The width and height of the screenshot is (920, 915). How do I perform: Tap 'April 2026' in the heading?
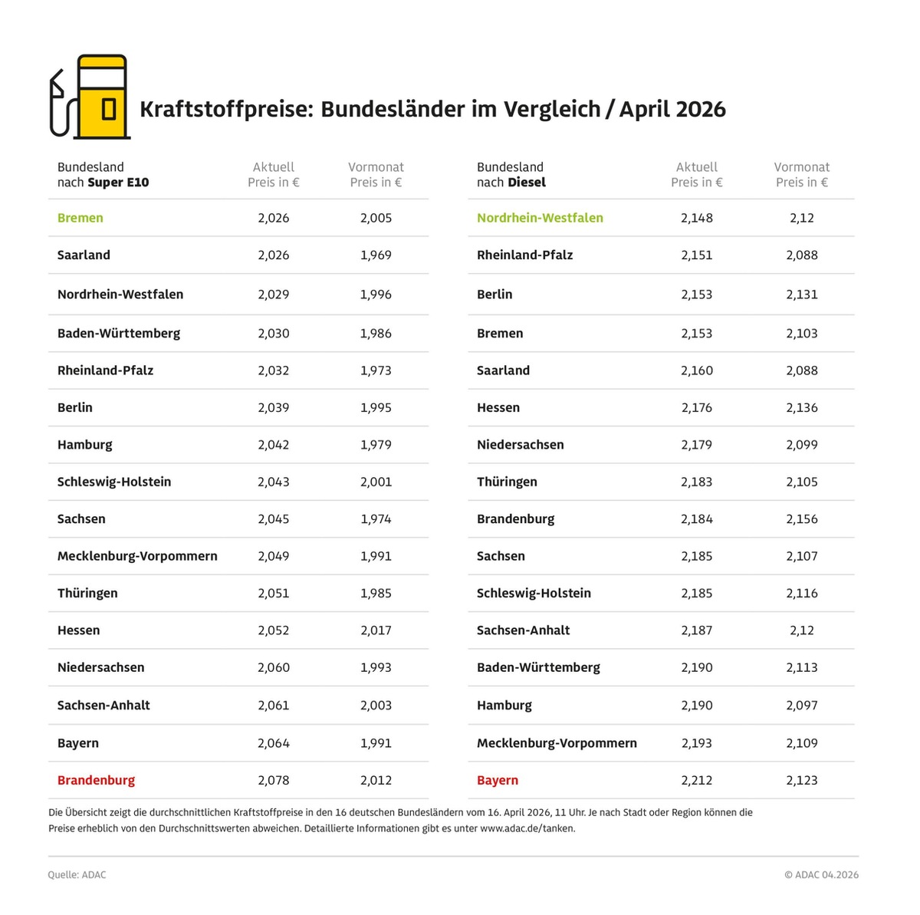(x=672, y=109)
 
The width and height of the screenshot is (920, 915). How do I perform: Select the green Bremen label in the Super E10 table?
(x=80, y=218)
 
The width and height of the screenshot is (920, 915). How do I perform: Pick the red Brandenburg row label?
(x=96, y=780)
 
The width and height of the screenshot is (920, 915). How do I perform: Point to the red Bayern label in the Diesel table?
(x=498, y=780)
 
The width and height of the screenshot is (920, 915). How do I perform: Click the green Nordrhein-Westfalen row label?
(x=540, y=218)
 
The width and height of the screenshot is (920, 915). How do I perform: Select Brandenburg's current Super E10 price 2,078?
(x=274, y=780)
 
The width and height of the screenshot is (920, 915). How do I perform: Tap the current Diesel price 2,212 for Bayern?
(x=697, y=780)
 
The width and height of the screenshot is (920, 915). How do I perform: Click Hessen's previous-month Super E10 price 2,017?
(x=376, y=630)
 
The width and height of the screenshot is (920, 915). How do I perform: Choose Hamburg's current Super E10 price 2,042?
(x=274, y=445)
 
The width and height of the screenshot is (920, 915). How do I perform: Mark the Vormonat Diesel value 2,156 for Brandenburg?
(x=802, y=519)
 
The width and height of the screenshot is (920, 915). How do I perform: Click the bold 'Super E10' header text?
(x=118, y=183)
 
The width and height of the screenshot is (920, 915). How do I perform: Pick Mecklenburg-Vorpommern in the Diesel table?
(x=557, y=743)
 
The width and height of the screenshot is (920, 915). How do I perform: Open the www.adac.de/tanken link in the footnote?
(x=527, y=828)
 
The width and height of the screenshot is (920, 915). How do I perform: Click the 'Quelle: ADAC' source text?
(x=77, y=874)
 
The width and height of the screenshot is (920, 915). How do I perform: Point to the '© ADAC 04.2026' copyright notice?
(x=821, y=874)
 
